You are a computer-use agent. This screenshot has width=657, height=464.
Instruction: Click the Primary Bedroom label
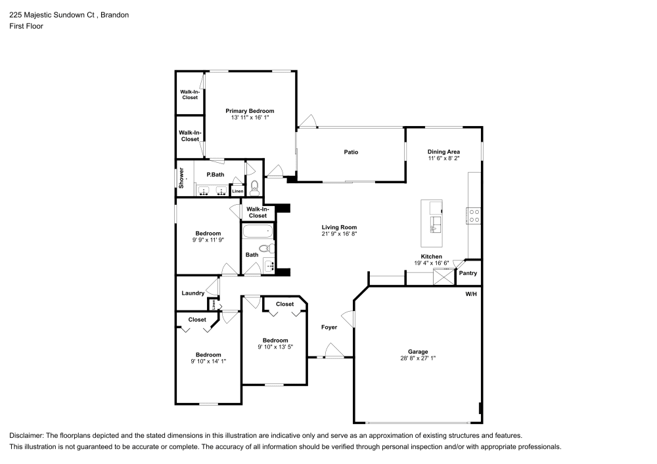coord(250,111)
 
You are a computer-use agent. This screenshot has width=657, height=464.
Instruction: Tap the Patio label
coord(351,152)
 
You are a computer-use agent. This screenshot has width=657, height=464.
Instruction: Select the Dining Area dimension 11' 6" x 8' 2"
coord(443,158)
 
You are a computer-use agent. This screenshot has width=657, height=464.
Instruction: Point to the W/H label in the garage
coord(470,294)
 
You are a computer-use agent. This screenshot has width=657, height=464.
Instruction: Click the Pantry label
coord(468,273)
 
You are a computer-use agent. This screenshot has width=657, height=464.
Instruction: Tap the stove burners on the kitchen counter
coord(474,215)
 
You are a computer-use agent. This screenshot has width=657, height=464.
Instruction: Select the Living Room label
coord(338,227)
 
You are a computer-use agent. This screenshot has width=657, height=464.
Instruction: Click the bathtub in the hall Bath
coord(257,232)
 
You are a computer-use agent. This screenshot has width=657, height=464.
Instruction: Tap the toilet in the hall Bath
coord(265,249)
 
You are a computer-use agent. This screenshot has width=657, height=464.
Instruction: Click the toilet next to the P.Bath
coord(254,186)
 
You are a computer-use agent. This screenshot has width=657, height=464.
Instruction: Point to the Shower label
coord(181,178)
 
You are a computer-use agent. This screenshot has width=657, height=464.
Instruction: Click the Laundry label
coord(193,293)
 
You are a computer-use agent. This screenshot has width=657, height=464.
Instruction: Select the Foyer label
coord(328,327)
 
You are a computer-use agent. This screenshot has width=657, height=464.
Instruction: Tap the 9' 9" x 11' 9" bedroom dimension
coord(208,240)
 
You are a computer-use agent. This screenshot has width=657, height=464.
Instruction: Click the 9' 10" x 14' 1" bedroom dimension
coord(208,361)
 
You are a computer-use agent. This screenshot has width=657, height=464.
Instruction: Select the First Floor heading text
coord(26,26)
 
